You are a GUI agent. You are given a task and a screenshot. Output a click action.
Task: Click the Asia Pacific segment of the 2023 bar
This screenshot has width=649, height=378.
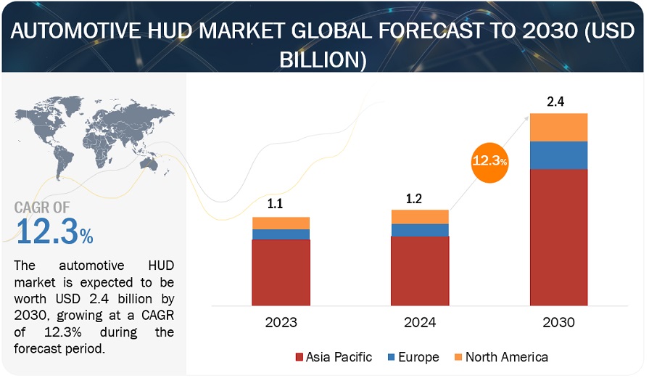[x=281, y=271]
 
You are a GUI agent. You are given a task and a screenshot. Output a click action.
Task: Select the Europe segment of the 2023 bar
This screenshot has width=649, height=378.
[x=281, y=234]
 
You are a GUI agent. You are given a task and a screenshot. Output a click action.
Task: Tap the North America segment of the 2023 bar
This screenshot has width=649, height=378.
[x=281, y=223]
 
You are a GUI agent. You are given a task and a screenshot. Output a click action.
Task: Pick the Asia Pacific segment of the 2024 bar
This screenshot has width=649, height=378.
[x=420, y=270]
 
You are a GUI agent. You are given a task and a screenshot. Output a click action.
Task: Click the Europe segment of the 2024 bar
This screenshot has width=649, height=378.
[x=420, y=230]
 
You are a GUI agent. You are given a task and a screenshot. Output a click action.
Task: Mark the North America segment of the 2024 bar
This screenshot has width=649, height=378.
[x=420, y=217]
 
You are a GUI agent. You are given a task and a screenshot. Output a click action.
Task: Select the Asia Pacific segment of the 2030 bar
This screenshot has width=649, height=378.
[x=558, y=237]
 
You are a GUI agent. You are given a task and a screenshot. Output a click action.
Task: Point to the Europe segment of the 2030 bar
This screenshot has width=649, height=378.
[x=558, y=155]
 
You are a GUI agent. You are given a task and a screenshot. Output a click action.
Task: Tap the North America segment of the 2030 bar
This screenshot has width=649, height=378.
[x=558, y=127]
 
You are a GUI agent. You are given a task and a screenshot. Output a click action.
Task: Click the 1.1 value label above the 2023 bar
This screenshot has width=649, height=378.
[x=276, y=205]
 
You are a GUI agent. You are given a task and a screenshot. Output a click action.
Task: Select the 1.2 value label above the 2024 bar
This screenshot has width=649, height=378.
[x=415, y=197]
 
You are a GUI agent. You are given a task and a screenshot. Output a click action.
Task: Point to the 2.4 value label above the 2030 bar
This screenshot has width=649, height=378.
[x=555, y=102]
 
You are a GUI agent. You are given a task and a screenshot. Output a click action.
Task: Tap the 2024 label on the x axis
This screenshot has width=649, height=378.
[x=420, y=322]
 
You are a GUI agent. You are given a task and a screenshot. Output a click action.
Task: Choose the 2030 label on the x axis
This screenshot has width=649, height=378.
[x=558, y=322]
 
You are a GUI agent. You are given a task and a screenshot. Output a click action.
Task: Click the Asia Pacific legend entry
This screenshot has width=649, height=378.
[x=333, y=357]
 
